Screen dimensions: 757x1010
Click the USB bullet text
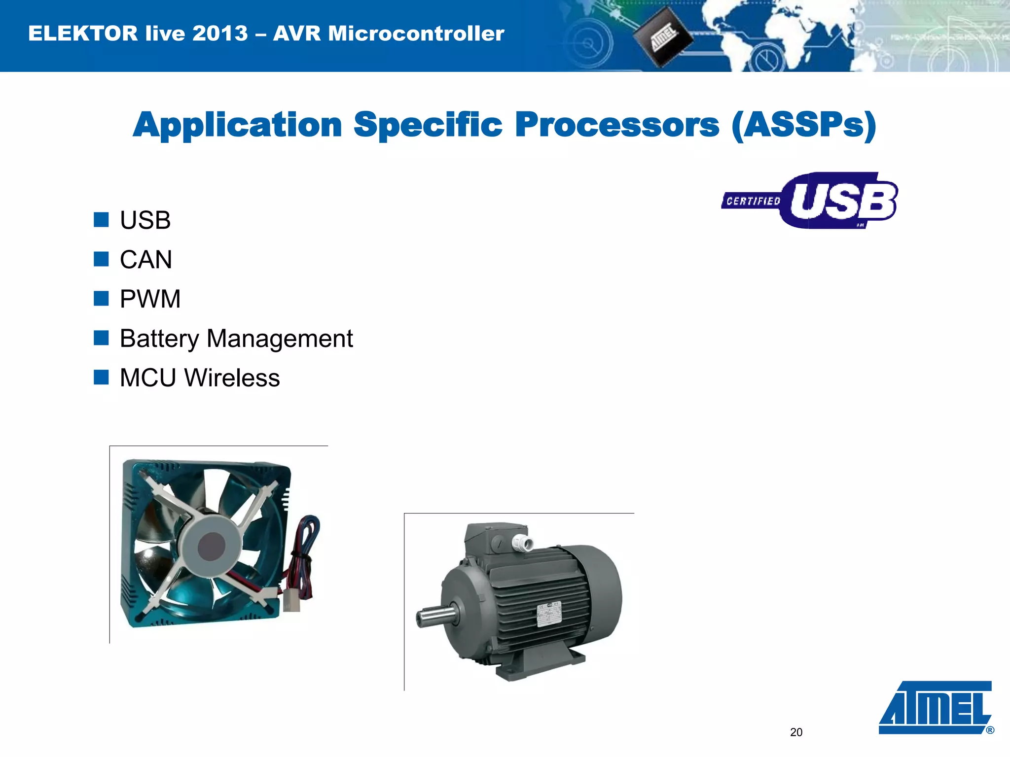pyautogui.click(x=145, y=220)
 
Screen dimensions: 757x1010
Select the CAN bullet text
pyautogui.click(x=145, y=260)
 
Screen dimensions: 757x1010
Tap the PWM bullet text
pyautogui.click(x=150, y=299)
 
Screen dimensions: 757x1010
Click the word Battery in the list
pyautogui.click(x=159, y=339)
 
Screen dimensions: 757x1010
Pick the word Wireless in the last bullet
pyautogui.click(x=232, y=378)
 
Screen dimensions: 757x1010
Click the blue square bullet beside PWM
pyautogui.click(x=101, y=299)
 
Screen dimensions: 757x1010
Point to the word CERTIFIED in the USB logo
pyautogui.click(x=753, y=201)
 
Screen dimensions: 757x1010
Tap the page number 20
pyautogui.click(x=796, y=732)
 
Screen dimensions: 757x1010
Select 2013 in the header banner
pyautogui.click(x=220, y=34)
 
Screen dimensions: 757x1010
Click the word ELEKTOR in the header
pyautogui.click(x=83, y=34)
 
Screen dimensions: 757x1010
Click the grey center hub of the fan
pyautogui.click(x=212, y=546)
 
